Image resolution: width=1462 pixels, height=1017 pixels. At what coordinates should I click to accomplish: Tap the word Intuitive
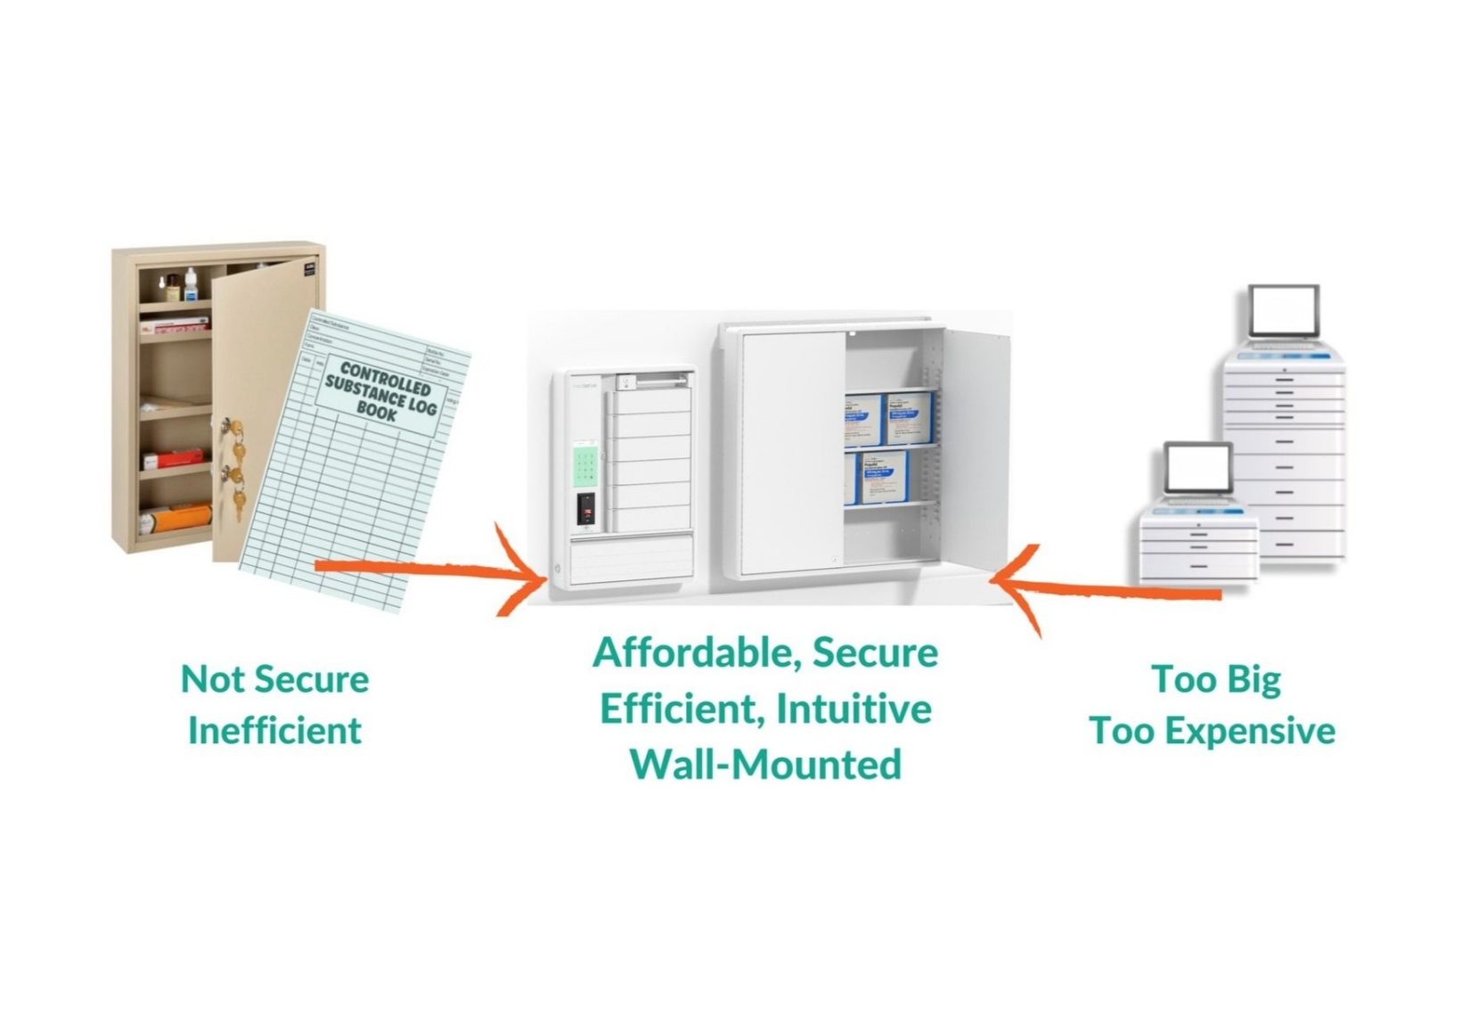click(853, 709)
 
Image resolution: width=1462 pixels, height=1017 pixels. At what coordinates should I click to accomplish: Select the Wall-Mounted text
click(765, 765)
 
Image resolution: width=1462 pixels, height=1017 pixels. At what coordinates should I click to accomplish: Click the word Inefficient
click(274, 731)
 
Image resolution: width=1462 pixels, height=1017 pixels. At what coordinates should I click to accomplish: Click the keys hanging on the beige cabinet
click(234, 472)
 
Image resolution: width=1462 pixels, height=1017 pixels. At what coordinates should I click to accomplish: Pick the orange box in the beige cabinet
click(178, 516)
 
